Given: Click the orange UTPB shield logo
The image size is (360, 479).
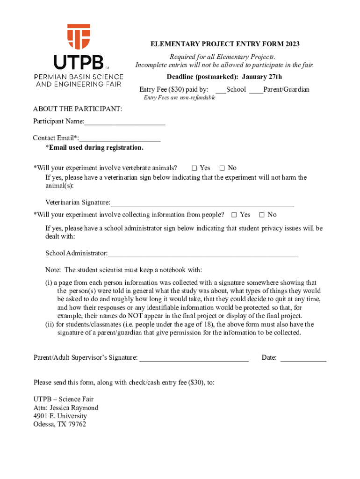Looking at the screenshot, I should [79, 37].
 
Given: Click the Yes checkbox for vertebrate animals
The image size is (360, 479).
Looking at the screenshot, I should [194, 168].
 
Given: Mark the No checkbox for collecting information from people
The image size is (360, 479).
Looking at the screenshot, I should [262, 215].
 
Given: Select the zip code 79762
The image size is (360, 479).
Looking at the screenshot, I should [77, 425].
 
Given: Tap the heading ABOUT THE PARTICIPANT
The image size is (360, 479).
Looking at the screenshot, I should [78, 109].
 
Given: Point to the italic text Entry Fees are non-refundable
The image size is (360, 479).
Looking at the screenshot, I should [180, 98].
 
